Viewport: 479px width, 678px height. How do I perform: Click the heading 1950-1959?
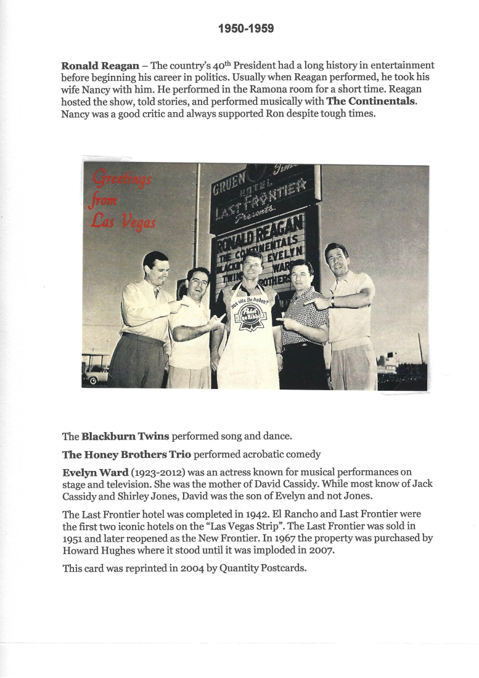[x=245, y=29]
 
